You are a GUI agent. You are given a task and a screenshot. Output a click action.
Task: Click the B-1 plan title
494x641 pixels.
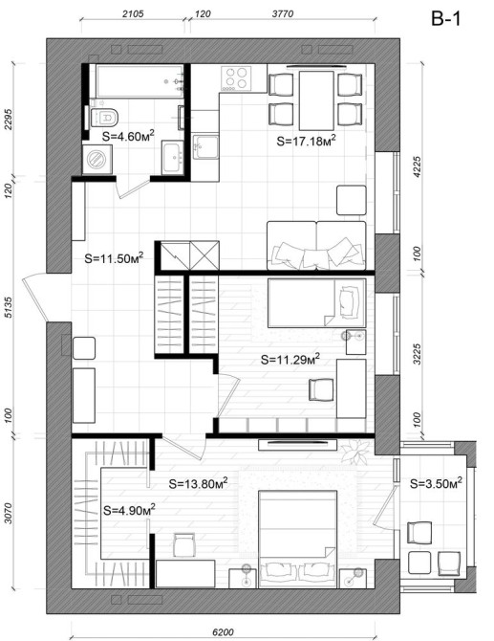pyautogui.click(x=445, y=18)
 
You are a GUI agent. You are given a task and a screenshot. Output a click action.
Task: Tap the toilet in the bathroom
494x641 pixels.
pyautogui.click(x=105, y=118)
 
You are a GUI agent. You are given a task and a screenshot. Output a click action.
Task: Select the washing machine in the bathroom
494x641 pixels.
pyautogui.click(x=97, y=159)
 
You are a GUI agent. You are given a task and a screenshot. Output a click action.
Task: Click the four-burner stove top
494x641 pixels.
pyautogui.click(x=236, y=78)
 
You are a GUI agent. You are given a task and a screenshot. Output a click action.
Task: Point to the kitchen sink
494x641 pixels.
pyautogui.click(x=205, y=146)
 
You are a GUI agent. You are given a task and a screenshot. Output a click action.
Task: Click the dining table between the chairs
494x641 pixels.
pyautogui.click(x=316, y=100)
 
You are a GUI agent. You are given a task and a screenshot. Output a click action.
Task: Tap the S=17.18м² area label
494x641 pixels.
pyautogui.click(x=306, y=141)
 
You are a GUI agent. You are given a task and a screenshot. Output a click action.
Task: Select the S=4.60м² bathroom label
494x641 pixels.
pyautogui.click(x=128, y=135)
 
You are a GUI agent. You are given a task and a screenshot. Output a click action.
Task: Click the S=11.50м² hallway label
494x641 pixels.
pyautogui.click(x=114, y=258)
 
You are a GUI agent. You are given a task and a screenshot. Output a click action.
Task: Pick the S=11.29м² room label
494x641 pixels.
pyautogui.click(x=290, y=360)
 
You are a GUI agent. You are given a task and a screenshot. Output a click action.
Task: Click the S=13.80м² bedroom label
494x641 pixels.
pyautogui.click(x=198, y=483)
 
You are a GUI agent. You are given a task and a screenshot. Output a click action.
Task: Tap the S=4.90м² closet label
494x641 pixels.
pyautogui.click(x=129, y=510)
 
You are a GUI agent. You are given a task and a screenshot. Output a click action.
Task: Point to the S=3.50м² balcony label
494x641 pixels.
pyautogui.click(x=436, y=483)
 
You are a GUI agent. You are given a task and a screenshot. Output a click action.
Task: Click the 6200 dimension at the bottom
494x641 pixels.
pyautogui.click(x=223, y=632)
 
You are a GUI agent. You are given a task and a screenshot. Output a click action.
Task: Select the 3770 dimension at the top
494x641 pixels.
pyautogui.click(x=283, y=14)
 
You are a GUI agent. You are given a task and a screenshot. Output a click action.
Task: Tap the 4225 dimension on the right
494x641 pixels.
pyautogui.click(x=417, y=166)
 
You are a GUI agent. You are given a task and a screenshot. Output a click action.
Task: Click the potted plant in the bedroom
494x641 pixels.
pyautogui.click(x=354, y=453)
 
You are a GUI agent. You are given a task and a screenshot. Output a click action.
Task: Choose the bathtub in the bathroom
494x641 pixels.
pyautogui.click(x=140, y=81)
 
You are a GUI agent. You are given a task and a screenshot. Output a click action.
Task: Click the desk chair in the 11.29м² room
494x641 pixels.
pyautogui.click(x=321, y=389)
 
